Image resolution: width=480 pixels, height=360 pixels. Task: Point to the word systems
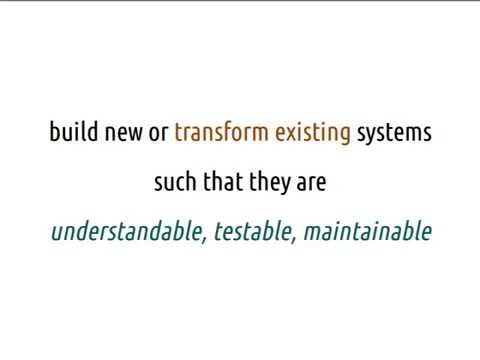[x=394, y=134]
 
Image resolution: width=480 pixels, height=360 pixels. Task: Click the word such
[x=173, y=183]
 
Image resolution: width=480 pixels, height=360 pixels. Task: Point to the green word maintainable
[x=367, y=233]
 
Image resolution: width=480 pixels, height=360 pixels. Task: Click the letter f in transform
[x=228, y=132]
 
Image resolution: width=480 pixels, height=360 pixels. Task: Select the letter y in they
[x=284, y=186]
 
